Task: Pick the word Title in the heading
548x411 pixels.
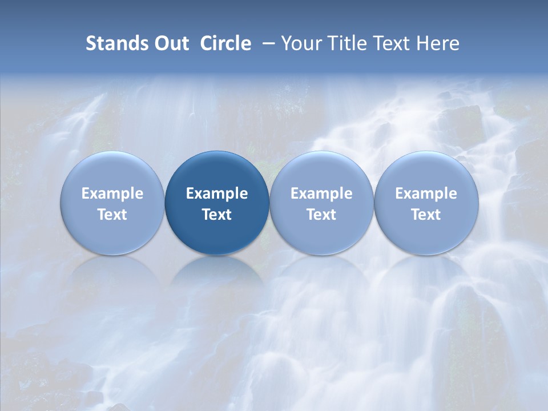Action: coord(344,43)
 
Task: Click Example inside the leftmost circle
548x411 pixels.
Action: coord(112,194)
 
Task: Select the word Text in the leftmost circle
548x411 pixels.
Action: coord(112,215)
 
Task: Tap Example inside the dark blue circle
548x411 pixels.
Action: coord(217,194)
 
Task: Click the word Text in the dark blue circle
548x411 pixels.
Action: coord(217,215)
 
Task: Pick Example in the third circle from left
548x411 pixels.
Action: coord(321,194)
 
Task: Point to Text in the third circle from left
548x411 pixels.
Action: coord(321,215)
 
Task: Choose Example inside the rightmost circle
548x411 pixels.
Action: coord(426,194)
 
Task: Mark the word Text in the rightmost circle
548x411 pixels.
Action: coord(426,215)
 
